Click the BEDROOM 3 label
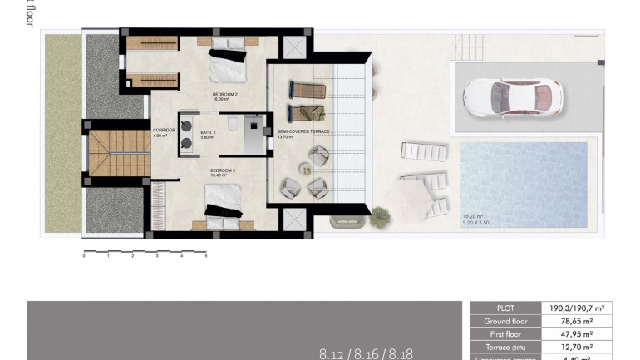[223, 173]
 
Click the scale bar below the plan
[145, 250]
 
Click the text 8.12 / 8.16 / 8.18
[366, 353]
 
